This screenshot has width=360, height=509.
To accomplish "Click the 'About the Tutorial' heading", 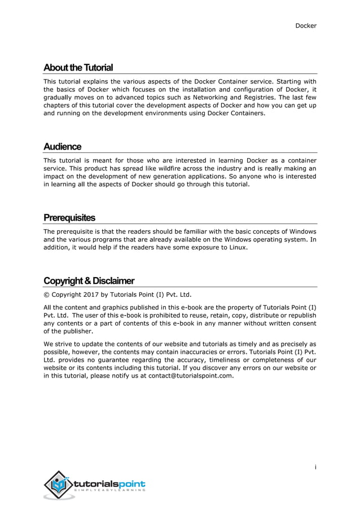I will [78, 68].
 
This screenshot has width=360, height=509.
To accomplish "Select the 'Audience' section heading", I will [63, 147].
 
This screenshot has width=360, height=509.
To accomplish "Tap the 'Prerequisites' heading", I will [69, 218].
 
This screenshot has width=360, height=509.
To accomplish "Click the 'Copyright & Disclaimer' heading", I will [89, 281].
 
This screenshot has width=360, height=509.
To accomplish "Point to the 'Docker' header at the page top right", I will [306, 25].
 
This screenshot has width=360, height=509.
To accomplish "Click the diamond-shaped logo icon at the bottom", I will [58, 484].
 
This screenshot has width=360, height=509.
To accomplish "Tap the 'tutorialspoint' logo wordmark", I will [109, 484].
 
